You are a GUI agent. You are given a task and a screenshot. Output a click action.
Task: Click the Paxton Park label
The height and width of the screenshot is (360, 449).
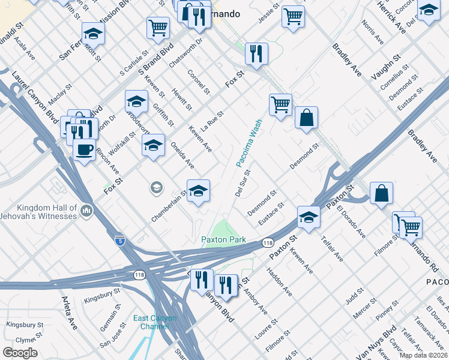click(224, 239)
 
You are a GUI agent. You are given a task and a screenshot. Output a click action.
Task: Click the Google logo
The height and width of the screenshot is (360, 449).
click(20, 352)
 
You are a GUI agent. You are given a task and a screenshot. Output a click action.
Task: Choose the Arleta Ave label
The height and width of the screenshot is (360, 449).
click(68, 312)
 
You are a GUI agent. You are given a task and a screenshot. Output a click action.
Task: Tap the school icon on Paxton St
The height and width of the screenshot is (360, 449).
click(309, 217)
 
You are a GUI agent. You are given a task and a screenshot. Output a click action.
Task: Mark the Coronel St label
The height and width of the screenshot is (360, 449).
click(199, 83)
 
